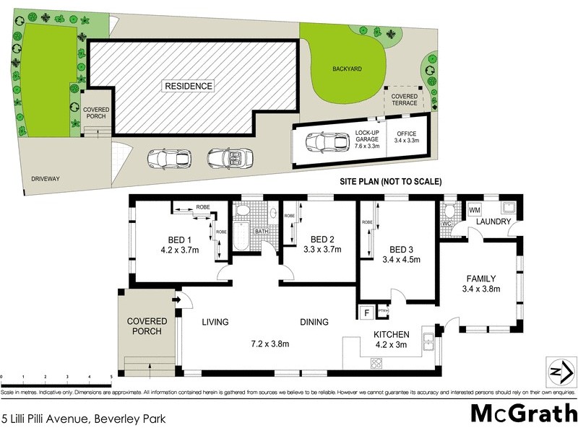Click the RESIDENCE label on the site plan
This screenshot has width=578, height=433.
coord(189,86)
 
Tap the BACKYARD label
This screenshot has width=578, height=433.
coord(347,69)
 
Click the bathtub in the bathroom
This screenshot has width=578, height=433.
coord(241,236)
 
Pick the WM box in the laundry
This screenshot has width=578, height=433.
coord(475,210)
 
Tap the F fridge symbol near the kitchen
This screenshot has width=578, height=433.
coord(366,313)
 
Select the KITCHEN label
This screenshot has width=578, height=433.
coord(391,334)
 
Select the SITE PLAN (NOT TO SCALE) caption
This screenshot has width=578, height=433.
coord(390,182)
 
